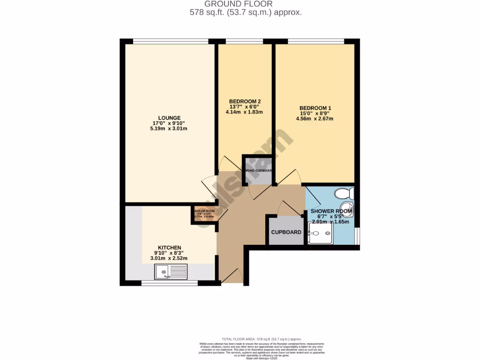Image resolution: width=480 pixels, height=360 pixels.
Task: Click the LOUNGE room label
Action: pos(169,118)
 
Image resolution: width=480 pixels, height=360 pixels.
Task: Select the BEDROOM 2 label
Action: pos(245,101)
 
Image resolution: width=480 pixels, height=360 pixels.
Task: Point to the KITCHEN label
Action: pos(169,247)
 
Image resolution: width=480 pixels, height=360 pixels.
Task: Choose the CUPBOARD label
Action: pos(286,232)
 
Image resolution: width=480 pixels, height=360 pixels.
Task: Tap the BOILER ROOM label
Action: pos(204,211)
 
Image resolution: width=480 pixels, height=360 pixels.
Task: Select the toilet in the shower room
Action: pos(345,193)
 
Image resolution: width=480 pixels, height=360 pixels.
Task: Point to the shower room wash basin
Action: pos(347,210)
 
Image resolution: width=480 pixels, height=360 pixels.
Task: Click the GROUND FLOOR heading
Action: pos(246,4)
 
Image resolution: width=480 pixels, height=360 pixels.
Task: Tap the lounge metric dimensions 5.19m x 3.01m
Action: pos(169,129)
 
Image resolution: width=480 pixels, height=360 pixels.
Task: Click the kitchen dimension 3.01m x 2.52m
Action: pos(169,258)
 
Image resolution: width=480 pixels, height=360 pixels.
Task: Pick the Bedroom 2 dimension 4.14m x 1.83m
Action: pos(245,112)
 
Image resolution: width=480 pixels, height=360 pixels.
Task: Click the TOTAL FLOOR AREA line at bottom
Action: pos(262,338)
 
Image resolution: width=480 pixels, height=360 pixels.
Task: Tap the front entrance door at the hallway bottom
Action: pos(233,277)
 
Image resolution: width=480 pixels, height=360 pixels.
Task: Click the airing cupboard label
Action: pos(257,171)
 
